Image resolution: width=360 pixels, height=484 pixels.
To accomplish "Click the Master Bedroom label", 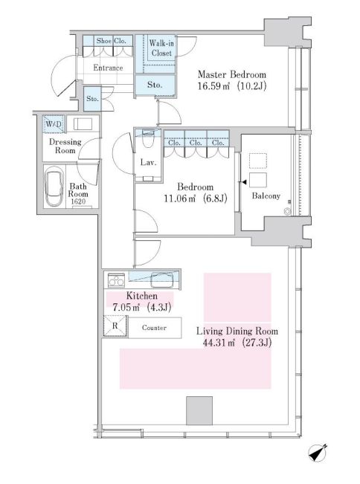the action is pos(232,74).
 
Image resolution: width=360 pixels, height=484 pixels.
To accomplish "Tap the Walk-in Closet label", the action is pos(161,48).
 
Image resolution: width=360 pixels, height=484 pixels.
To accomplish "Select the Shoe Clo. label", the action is pos(111,41).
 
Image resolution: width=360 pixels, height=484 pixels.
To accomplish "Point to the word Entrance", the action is pos(108,68).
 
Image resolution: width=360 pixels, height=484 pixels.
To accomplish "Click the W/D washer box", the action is pos(54,124).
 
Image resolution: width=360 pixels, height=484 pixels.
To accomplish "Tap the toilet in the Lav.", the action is pos(148,141).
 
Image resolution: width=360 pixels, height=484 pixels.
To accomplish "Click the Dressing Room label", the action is pos(65,146).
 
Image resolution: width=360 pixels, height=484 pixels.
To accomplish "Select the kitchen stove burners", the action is pos(116,280).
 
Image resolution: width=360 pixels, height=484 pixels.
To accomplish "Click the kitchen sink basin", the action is pos(161,280).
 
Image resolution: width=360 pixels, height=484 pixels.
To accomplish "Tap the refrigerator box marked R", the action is pos(115,326).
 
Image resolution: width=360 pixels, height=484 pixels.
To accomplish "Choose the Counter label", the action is pos(154,328).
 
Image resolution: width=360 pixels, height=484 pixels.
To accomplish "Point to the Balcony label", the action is pos(266,196).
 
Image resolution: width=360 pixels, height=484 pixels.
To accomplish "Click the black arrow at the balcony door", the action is pos(244,182).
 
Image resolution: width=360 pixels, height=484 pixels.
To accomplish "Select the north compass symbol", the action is pos(318,453).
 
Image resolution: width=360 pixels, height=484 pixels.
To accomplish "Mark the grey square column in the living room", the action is pos(199,410).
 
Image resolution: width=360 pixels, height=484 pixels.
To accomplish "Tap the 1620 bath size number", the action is pos(78,201).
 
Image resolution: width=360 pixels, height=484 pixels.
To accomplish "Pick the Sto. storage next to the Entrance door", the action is pos(92,99).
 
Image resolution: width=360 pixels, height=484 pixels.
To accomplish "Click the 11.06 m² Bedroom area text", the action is pos(180,199).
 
